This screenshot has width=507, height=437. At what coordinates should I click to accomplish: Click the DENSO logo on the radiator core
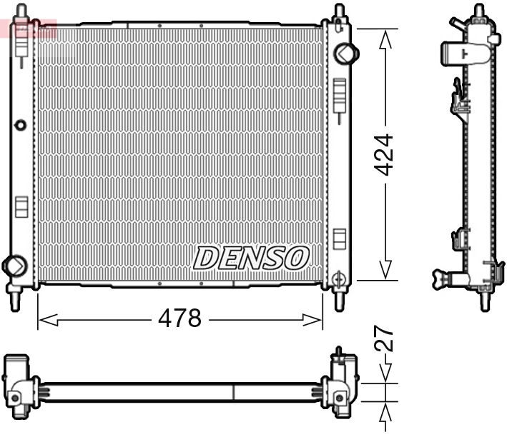[x=251, y=258]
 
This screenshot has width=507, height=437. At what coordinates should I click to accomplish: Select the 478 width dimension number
[x=179, y=318]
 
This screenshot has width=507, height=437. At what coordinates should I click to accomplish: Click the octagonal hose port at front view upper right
[x=346, y=53]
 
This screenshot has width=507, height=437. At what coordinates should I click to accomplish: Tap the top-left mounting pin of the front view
[x=21, y=11]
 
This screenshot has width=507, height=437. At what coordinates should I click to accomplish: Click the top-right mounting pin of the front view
[x=339, y=11]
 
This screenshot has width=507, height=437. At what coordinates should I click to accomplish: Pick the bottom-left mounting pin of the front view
[x=14, y=299]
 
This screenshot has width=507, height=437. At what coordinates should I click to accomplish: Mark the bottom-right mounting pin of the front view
[x=339, y=299]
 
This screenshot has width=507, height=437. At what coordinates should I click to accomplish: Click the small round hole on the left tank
[x=20, y=125]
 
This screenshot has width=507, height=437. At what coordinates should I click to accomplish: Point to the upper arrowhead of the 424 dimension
[x=386, y=39]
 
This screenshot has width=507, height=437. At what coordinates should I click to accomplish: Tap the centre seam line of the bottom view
[x=234, y=392]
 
